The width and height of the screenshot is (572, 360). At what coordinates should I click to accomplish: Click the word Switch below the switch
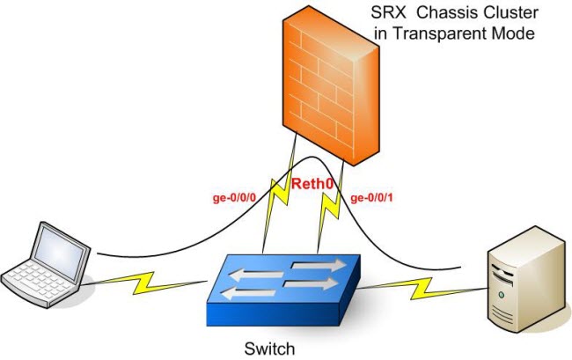(269, 349)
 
